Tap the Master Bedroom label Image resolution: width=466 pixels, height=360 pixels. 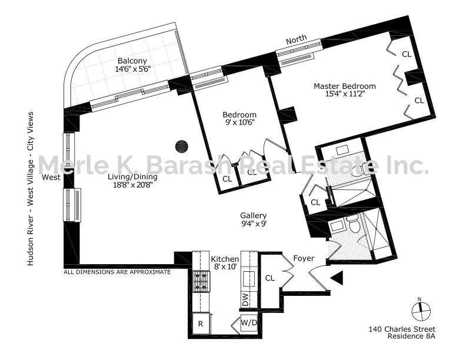click(344, 86)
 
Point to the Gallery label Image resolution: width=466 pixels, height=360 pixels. click(254, 216)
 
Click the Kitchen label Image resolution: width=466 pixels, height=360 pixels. click(225, 259)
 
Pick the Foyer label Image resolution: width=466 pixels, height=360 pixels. click(304, 258)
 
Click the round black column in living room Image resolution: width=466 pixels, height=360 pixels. click(182, 145)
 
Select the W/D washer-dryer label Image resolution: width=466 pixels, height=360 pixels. click(246, 323)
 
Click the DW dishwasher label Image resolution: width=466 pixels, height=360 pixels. click(245, 300)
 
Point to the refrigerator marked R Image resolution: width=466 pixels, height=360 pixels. click(200, 323)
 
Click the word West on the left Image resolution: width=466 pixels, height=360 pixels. click(50, 177)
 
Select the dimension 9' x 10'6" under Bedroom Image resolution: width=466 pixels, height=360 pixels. click(239, 124)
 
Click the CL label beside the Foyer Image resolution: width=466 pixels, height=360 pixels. click(271, 278)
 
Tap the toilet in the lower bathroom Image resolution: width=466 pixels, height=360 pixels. click(352, 225)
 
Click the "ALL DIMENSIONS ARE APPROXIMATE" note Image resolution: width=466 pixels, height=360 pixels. click(117, 272)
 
